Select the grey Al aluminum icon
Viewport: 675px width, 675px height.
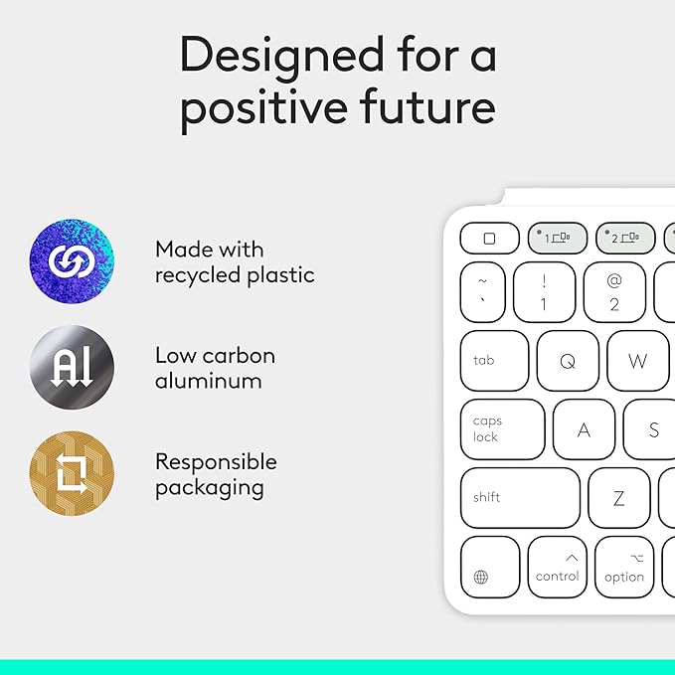pyautogui.click(x=72, y=367)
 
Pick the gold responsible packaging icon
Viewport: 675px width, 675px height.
pyautogui.click(x=72, y=473)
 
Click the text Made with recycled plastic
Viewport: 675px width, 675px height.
pyautogui.click(x=235, y=261)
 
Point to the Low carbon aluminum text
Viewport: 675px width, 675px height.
pyautogui.click(x=215, y=368)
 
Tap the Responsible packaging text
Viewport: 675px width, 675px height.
pyautogui.click(x=216, y=474)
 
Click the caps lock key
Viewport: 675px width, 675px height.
pyautogui.click(x=502, y=429)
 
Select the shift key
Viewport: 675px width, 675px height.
pyautogui.click(x=519, y=497)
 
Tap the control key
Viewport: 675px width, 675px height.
pyautogui.click(x=557, y=568)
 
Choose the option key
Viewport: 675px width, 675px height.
pyautogui.click(x=624, y=568)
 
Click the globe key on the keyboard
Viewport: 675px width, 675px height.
pyautogui.click(x=489, y=568)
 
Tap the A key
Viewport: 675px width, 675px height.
pyautogui.click(x=584, y=429)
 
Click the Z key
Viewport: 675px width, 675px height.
pyautogui.click(x=618, y=497)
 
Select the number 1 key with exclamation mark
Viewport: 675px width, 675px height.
pyautogui.click(x=543, y=292)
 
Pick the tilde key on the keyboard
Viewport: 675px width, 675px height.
pyautogui.click(x=489, y=292)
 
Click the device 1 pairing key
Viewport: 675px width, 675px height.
pyautogui.click(x=557, y=239)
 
